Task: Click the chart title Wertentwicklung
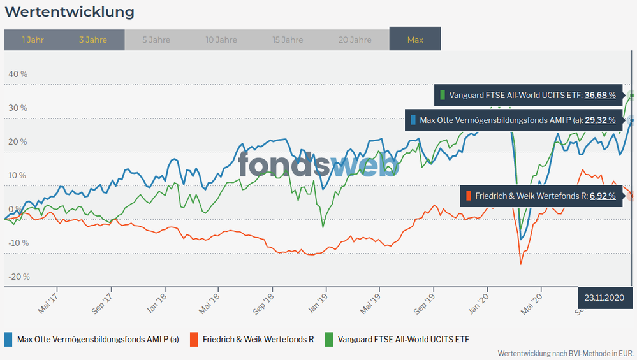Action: (70, 12)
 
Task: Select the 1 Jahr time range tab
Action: (33, 40)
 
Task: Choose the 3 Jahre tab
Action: (93, 40)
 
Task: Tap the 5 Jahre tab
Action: (156, 40)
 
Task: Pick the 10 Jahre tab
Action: (221, 40)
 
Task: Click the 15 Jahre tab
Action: (288, 40)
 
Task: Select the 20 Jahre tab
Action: (355, 40)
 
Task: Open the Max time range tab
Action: (415, 40)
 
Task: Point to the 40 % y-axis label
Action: (18, 74)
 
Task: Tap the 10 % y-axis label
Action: (18, 175)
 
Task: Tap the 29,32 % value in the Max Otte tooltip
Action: (600, 120)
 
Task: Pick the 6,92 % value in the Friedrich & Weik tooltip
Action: (603, 196)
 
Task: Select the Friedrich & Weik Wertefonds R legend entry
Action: (253, 339)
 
